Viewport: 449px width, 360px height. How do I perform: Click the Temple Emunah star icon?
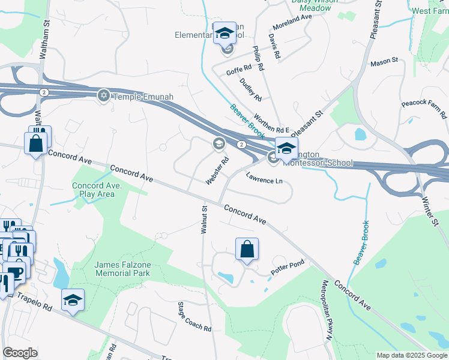point(104,95)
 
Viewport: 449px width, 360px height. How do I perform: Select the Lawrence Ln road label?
point(264,178)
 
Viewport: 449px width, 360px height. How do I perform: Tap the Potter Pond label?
point(288,266)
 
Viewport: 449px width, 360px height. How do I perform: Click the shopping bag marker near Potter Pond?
point(247,250)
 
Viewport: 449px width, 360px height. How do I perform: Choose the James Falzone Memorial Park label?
point(122,269)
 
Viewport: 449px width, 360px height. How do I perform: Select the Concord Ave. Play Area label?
point(97,190)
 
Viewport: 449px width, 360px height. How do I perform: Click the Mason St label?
point(384,61)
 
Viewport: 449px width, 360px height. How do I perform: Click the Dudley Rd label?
point(251,89)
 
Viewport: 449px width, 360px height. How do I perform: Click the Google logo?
point(20,353)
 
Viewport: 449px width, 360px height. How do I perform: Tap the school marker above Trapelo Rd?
point(73,300)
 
